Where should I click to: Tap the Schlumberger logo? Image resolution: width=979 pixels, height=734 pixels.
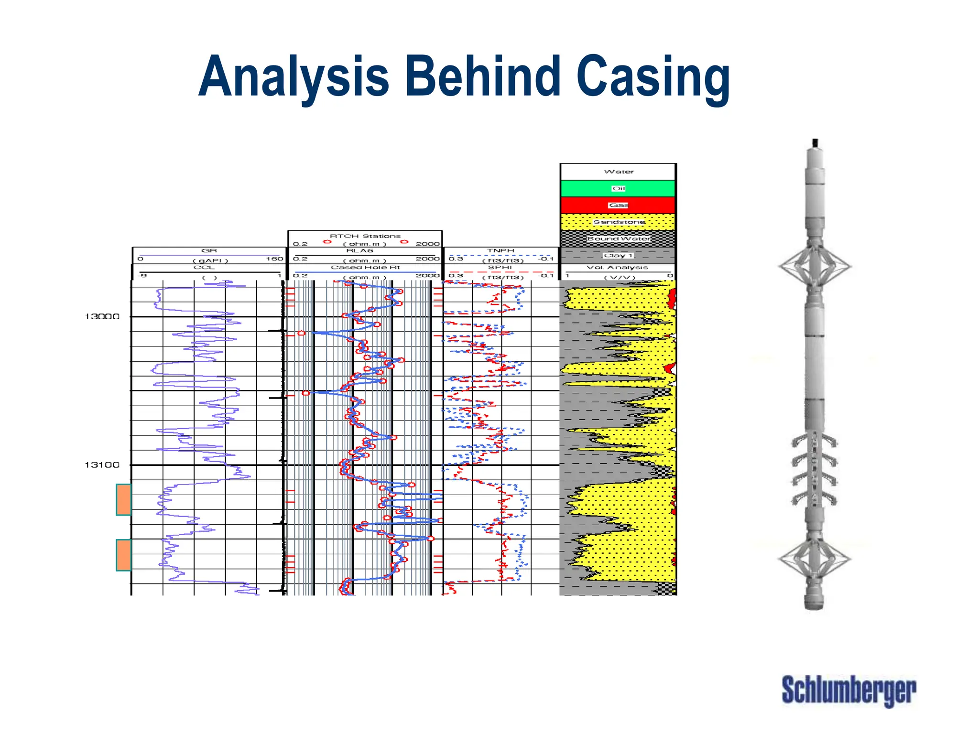coord(848,690)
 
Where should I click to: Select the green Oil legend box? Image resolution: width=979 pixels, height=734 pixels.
coord(618,188)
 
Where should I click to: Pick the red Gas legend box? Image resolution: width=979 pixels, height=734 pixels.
coord(618,205)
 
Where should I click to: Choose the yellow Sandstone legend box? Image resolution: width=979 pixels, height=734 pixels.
coord(619,222)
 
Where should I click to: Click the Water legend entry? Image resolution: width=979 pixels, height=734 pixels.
coord(619,172)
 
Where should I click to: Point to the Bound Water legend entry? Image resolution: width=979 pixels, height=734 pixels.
coord(619,238)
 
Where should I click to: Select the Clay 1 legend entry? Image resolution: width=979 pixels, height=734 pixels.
coord(618,255)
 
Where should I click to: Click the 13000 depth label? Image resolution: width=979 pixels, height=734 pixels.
coord(102,316)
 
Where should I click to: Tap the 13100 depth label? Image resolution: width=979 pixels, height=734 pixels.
coord(102,464)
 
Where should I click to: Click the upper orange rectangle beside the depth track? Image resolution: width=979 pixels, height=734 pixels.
coord(124,499)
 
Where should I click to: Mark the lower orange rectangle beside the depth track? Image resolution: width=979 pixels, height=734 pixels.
coord(124,555)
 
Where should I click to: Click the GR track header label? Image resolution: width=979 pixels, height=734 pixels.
coord(209,250)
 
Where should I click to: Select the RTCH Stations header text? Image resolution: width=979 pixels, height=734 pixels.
coord(365,236)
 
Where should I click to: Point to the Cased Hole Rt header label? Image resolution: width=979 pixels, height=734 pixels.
coord(365,267)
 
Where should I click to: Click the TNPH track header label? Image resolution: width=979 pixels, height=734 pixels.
coord(500,250)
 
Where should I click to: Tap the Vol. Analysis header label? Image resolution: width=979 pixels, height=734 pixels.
coord(617,267)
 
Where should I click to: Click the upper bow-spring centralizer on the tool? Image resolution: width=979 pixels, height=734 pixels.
coord(815,266)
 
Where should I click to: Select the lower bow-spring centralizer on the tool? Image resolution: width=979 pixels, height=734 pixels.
coord(814,558)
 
